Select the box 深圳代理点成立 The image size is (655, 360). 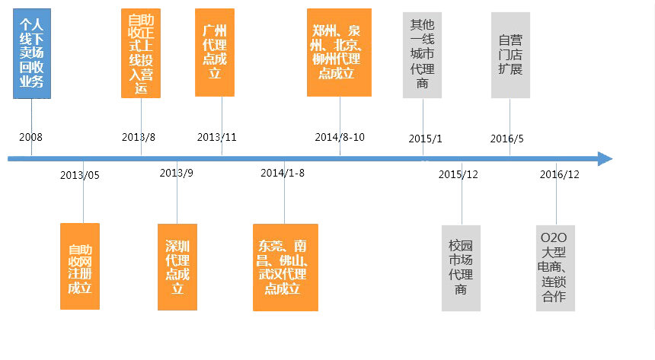[177, 267]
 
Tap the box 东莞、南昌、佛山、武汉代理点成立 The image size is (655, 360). [282, 267]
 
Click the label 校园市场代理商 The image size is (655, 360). [461, 267]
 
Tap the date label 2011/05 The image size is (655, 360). [80, 174]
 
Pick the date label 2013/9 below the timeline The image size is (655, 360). [177, 173]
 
